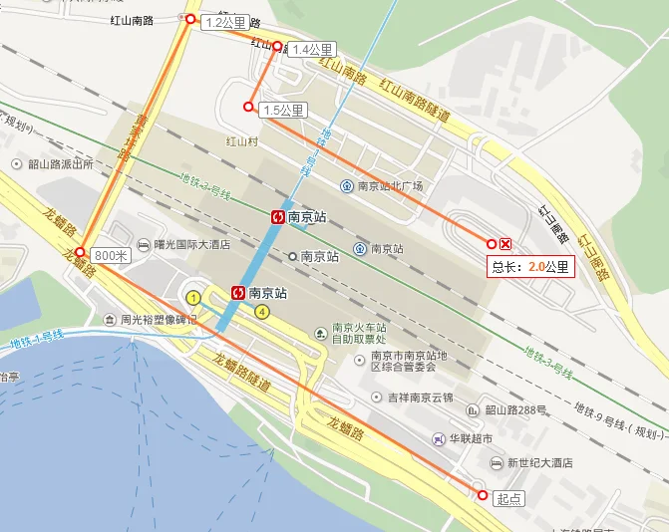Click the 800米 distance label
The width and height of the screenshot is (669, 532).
[x=111, y=255]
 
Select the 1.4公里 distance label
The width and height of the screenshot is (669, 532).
[x=311, y=50]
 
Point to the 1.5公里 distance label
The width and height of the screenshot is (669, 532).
[x=282, y=110]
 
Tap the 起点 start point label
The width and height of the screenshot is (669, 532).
[x=508, y=498]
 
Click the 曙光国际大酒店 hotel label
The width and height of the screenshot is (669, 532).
[x=192, y=244]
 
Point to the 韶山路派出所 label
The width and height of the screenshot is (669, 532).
[x=60, y=163]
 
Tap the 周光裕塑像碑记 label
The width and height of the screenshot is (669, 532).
[x=159, y=321]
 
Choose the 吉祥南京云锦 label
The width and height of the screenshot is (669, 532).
[x=420, y=398]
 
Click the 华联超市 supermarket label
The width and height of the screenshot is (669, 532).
[x=470, y=438]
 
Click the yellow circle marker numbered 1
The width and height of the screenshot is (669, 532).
[x=193, y=296]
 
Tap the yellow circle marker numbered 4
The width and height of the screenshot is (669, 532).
[x=262, y=312]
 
